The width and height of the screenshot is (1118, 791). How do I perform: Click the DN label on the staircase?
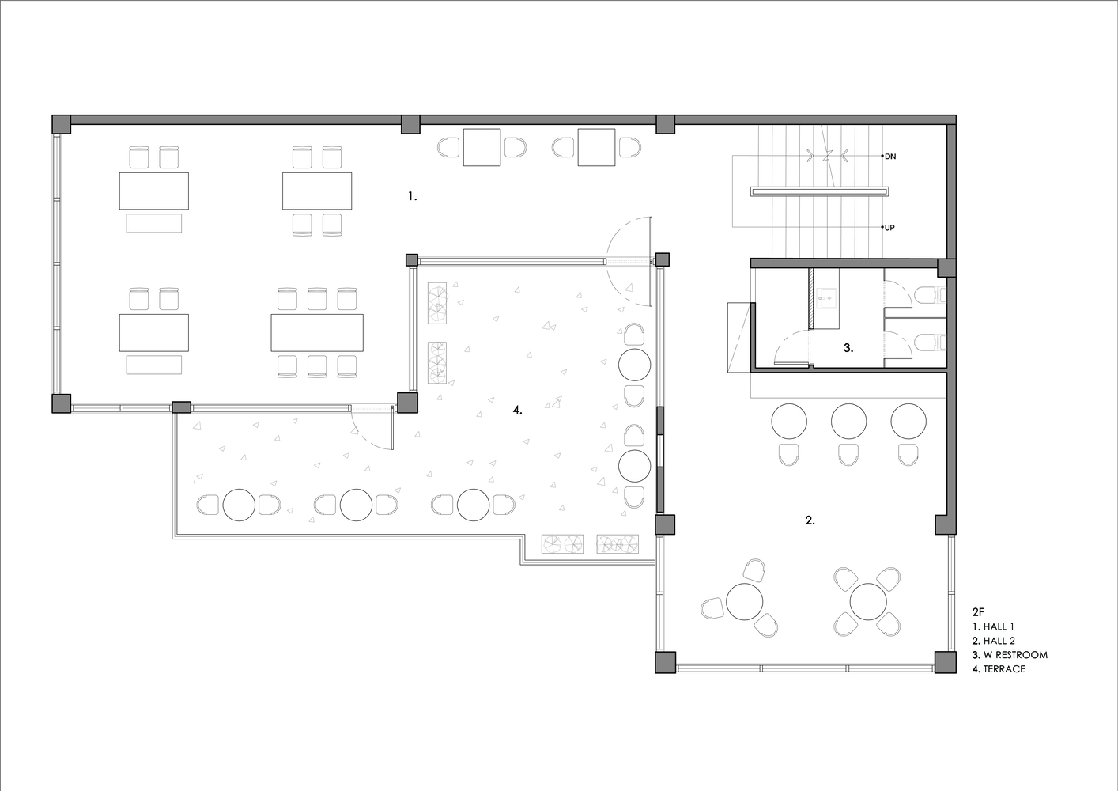pyautogui.click(x=890, y=157)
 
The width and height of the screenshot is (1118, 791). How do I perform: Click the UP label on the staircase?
pyautogui.click(x=889, y=228)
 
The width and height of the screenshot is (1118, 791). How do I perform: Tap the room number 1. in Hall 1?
pyautogui.click(x=412, y=197)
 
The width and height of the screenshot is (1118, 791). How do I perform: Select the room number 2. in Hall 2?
pyautogui.click(x=810, y=520)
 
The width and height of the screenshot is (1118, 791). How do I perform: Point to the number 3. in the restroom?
pyautogui.click(x=848, y=348)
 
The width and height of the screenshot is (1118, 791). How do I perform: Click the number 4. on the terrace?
pyautogui.click(x=518, y=410)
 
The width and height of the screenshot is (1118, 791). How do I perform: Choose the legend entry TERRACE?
pyautogui.click(x=1004, y=668)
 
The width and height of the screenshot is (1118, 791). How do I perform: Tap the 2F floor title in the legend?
pyautogui.click(x=978, y=612)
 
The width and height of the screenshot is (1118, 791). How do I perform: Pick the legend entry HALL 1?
pyautogui.click(x=998, y=626)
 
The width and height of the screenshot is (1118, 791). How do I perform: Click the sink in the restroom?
pyautogui.click(x=826, y=298)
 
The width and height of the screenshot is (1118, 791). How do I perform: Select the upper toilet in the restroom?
pyautogui.click(x=929, y=296)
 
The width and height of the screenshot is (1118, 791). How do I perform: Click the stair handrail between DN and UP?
pyautogui.click(x=820, y=191)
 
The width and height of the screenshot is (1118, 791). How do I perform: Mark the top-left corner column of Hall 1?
pyautogui.click(x=62, y=124)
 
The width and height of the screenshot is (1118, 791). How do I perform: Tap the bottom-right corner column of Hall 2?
pyautogui.click(x=946, y=662)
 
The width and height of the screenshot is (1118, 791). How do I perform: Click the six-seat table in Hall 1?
pyautogui.click(x=317, y=332)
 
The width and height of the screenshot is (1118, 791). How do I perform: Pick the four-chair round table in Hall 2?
pyautogui.click(x=868, y=601)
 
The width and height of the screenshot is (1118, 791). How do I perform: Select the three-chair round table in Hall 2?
pyautogui.click(x=745, y=601)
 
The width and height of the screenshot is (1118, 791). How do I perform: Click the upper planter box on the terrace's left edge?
pyautogui.click(x=437, y=304)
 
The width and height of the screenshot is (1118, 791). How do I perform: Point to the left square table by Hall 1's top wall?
pyautogui.click(x=482, y=147)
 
